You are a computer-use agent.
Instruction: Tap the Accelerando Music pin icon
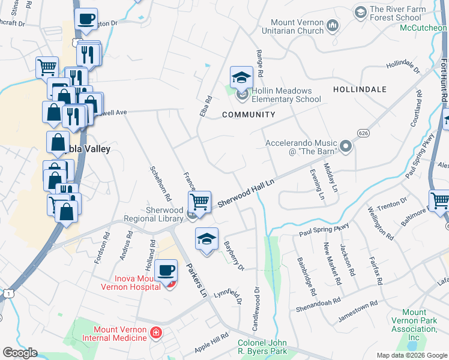coord(345,146)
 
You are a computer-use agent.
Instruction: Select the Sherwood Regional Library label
coord(164,215)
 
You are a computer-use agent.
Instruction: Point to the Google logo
coord(20,353)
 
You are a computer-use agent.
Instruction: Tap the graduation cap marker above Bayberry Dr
coord(206,239)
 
